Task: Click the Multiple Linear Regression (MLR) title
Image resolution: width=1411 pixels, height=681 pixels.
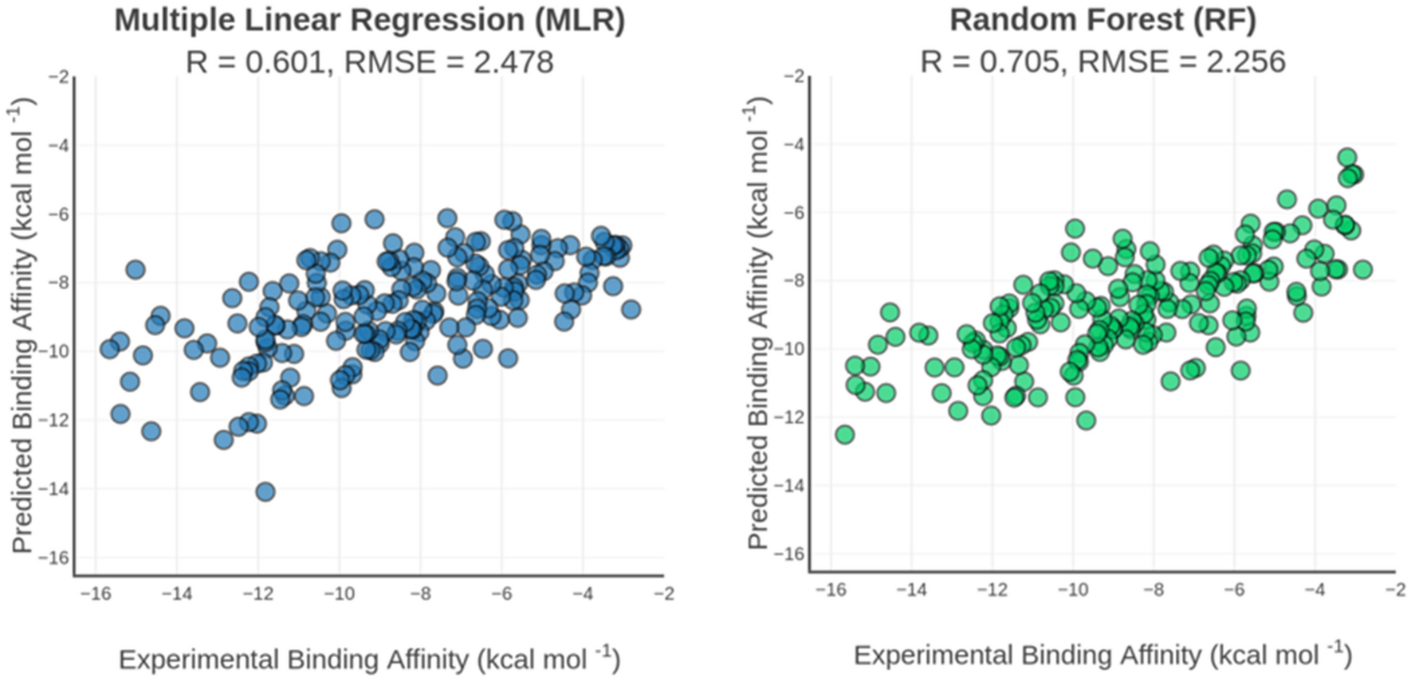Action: tap(369, 20)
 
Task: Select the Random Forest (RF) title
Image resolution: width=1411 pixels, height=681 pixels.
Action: tap(1102, 20)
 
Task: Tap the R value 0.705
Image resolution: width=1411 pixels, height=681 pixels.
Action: tap(1023, 62)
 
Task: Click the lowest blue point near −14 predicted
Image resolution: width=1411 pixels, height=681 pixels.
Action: tap(265, 491)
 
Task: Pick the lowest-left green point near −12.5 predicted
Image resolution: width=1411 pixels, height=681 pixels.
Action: tap(844, 434)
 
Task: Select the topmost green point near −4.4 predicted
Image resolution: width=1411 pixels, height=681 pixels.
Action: tap(1347, 157)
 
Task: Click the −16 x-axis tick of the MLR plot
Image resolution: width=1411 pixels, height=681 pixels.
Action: tap(95, 594)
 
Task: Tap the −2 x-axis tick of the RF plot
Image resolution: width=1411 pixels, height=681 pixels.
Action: tap(1395, 589)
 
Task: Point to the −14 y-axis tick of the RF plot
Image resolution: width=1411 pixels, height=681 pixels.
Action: tap(792, 484)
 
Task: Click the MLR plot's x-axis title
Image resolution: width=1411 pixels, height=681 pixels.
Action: tap(369, 659)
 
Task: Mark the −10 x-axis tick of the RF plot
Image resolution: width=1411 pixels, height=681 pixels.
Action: tap(1072, 589)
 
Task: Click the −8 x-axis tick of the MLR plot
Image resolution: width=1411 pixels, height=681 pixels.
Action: tap(420, 594)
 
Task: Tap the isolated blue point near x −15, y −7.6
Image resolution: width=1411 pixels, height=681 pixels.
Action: tap(135, 269)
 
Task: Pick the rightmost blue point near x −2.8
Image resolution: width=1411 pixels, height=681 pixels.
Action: tap(631, 309)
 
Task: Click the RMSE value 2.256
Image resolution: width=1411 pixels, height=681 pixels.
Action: tap(1246, 62)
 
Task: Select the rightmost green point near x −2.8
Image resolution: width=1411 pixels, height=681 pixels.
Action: tap(1362, 269)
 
